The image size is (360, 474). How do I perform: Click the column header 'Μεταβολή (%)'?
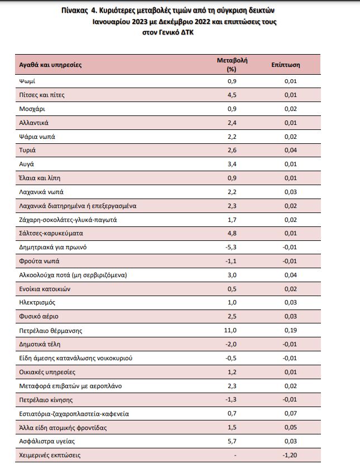[232, 65]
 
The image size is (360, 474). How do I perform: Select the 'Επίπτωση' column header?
[286, 65]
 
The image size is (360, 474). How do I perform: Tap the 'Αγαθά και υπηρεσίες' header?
[50, 65]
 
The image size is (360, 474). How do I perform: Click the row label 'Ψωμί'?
[27, 81]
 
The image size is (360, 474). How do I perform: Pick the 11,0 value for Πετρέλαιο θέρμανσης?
[230, 331]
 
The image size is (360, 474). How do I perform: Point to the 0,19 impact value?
[291, 331]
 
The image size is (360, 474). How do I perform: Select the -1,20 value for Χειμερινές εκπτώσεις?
[290, 455]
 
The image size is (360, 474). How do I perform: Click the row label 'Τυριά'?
[27, 150]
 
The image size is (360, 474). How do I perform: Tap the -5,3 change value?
[231, 247]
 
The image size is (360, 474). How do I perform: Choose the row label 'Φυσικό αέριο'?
[39, 317]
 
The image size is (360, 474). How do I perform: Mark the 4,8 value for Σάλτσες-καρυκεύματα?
[232, 233]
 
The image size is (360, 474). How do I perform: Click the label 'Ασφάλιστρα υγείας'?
[47, 441]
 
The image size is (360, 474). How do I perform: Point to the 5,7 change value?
[232, 441]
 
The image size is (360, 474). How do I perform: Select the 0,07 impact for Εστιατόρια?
[291, 414]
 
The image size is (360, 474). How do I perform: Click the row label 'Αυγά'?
[27, 164]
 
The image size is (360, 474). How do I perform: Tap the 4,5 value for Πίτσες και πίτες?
[232, 95]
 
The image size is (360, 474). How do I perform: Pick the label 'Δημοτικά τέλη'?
[40, 344]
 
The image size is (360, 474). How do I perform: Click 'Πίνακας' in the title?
[74, 11]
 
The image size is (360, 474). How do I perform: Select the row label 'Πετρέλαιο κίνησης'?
[46, 400]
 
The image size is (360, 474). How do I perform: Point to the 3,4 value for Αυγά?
[232, 164]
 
